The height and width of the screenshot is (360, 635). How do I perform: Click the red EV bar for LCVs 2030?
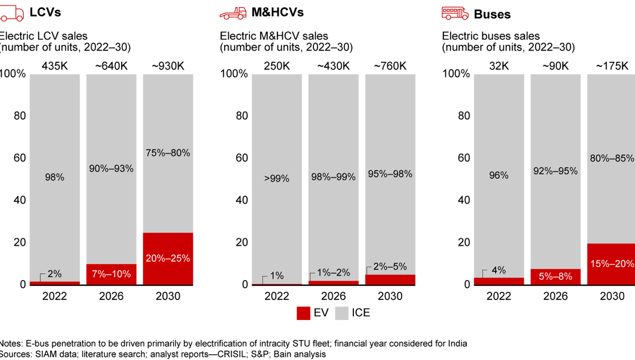click(168, 259)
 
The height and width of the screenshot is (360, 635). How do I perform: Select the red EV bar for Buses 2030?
click(612, 264)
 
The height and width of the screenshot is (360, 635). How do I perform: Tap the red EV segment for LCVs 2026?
click(111, 274)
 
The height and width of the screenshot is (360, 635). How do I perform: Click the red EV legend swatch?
click(303, 313)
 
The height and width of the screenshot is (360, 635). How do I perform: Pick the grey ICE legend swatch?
click(341, 313)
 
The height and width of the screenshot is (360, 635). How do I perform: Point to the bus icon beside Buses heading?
click(455, 13)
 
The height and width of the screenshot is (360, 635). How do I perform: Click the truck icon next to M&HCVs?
click(233, 13)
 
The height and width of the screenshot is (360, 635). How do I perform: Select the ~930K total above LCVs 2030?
click(168, 66)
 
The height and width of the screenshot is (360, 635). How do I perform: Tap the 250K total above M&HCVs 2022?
click(276, 66)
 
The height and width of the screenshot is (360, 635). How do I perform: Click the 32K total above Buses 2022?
click(499, 66)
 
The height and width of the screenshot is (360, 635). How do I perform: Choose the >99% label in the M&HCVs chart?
click(276, 178)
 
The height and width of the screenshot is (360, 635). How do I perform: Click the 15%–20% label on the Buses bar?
click(612, 264)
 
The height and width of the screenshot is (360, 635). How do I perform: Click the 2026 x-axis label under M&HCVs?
click(333, 296)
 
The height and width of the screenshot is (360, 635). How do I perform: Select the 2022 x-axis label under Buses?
click(499, 296)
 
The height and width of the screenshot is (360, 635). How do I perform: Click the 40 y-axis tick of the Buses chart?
click(464, 200)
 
